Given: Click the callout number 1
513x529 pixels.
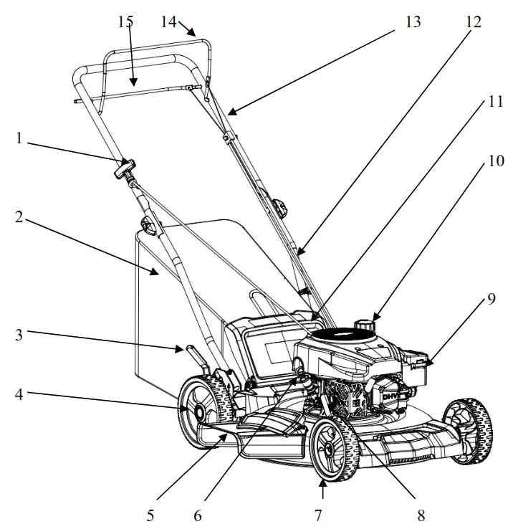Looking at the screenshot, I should tap(20, 138).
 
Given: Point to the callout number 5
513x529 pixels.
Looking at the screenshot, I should tap(150, 514).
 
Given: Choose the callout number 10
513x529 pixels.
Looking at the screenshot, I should tap(490, 162).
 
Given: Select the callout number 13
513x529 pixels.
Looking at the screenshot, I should tap(411, 22).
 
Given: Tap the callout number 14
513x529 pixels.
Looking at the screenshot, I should tap(168, 22).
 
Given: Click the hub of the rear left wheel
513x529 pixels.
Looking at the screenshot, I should tap(195, 410).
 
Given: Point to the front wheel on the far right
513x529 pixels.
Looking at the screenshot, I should tap(468, 429).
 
